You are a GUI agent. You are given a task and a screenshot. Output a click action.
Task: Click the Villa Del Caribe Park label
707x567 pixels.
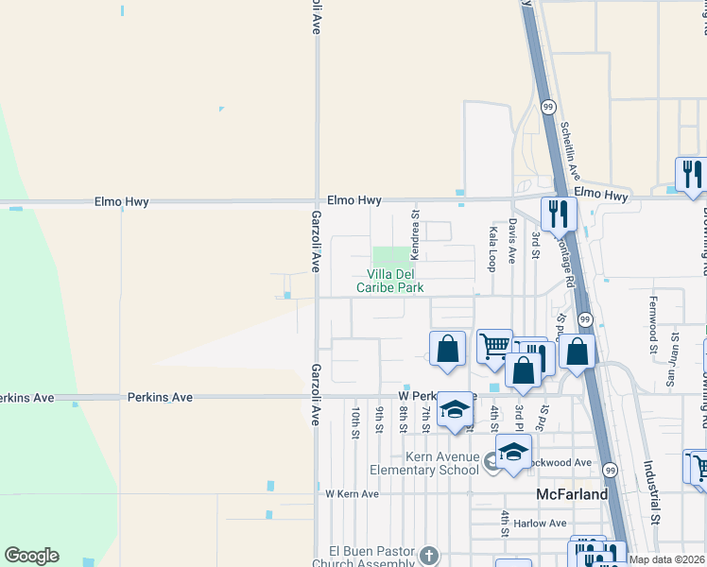389,281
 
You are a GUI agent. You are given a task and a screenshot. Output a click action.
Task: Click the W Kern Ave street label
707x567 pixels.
352,494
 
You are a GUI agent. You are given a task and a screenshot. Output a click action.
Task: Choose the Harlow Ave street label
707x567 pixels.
542,523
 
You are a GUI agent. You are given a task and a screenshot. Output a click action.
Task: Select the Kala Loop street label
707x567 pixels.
491,243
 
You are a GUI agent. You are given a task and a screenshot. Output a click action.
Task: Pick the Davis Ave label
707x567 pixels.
512,240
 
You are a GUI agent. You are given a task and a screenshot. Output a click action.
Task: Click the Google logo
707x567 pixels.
31,556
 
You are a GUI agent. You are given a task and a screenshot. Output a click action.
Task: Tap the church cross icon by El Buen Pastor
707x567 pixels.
430,556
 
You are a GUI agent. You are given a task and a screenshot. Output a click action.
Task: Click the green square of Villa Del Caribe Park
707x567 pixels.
392,255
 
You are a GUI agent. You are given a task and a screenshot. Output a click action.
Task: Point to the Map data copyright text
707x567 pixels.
667,559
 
